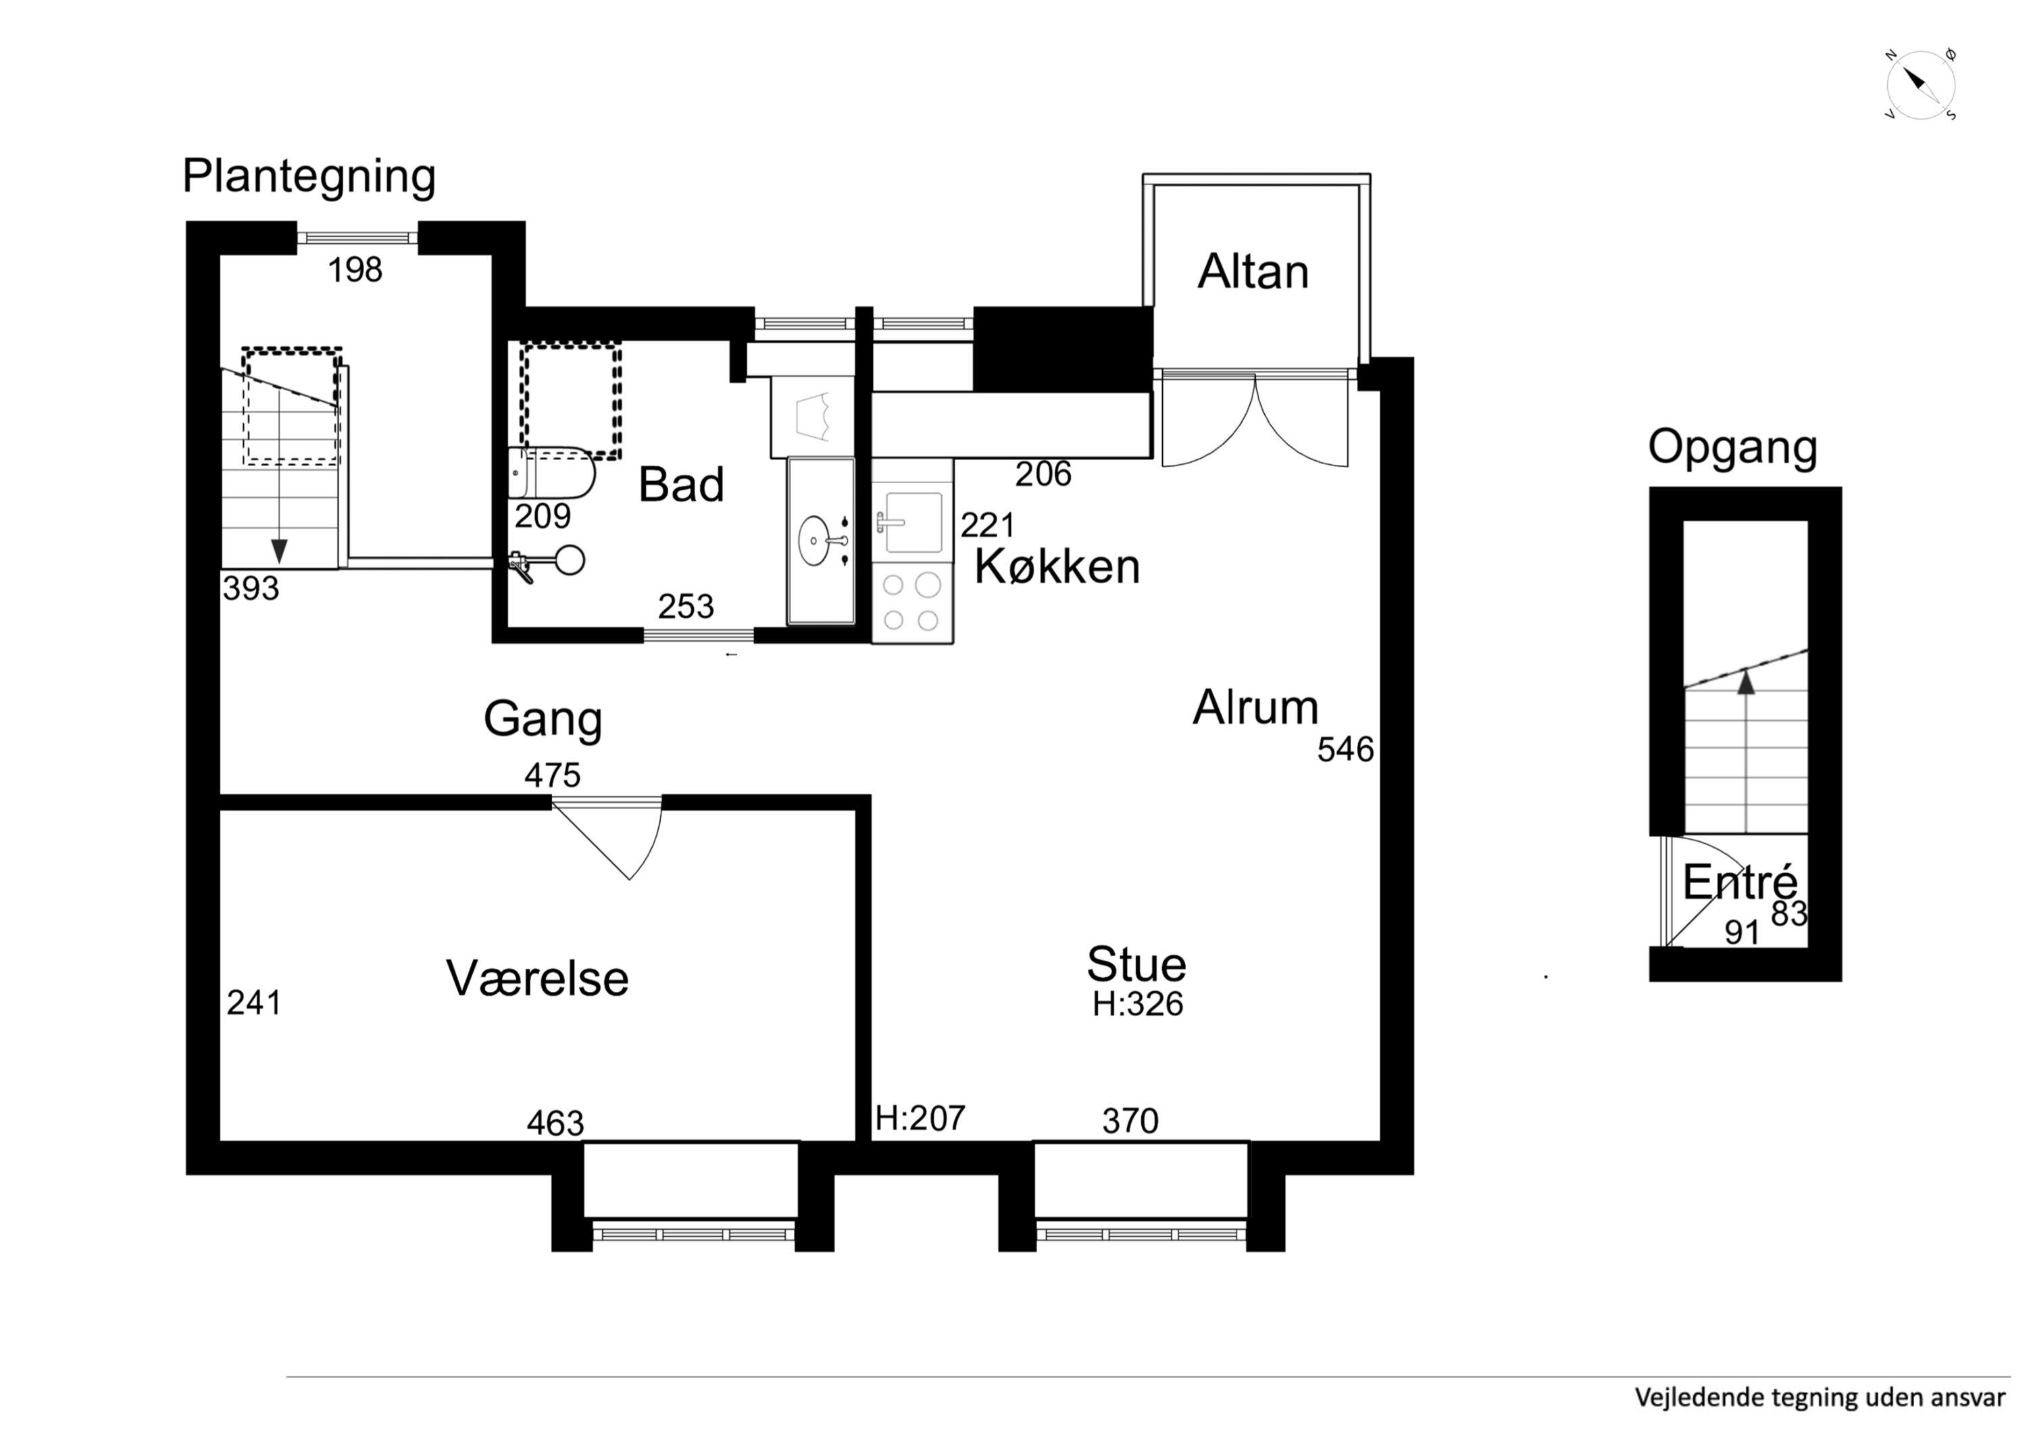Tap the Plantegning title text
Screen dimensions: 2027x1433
pos(309,176)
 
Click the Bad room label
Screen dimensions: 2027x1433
pos(680,484)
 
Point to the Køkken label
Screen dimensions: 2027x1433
pos(1057,566)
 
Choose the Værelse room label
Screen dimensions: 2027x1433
pos(538,978)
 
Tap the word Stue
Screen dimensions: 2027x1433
pos(1136,964)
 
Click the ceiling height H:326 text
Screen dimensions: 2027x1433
pos(1137,1004)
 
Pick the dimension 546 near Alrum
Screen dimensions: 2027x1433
pos(1345,750)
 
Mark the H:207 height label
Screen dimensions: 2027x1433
pos(920,1119)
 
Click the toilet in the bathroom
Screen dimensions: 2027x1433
pos(552,472)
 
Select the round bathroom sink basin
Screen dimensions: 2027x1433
pos(814,540)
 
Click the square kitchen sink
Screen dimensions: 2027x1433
pos(913,523)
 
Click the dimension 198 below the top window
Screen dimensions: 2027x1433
pos(355,270)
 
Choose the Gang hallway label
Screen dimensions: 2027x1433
pos(543,720)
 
